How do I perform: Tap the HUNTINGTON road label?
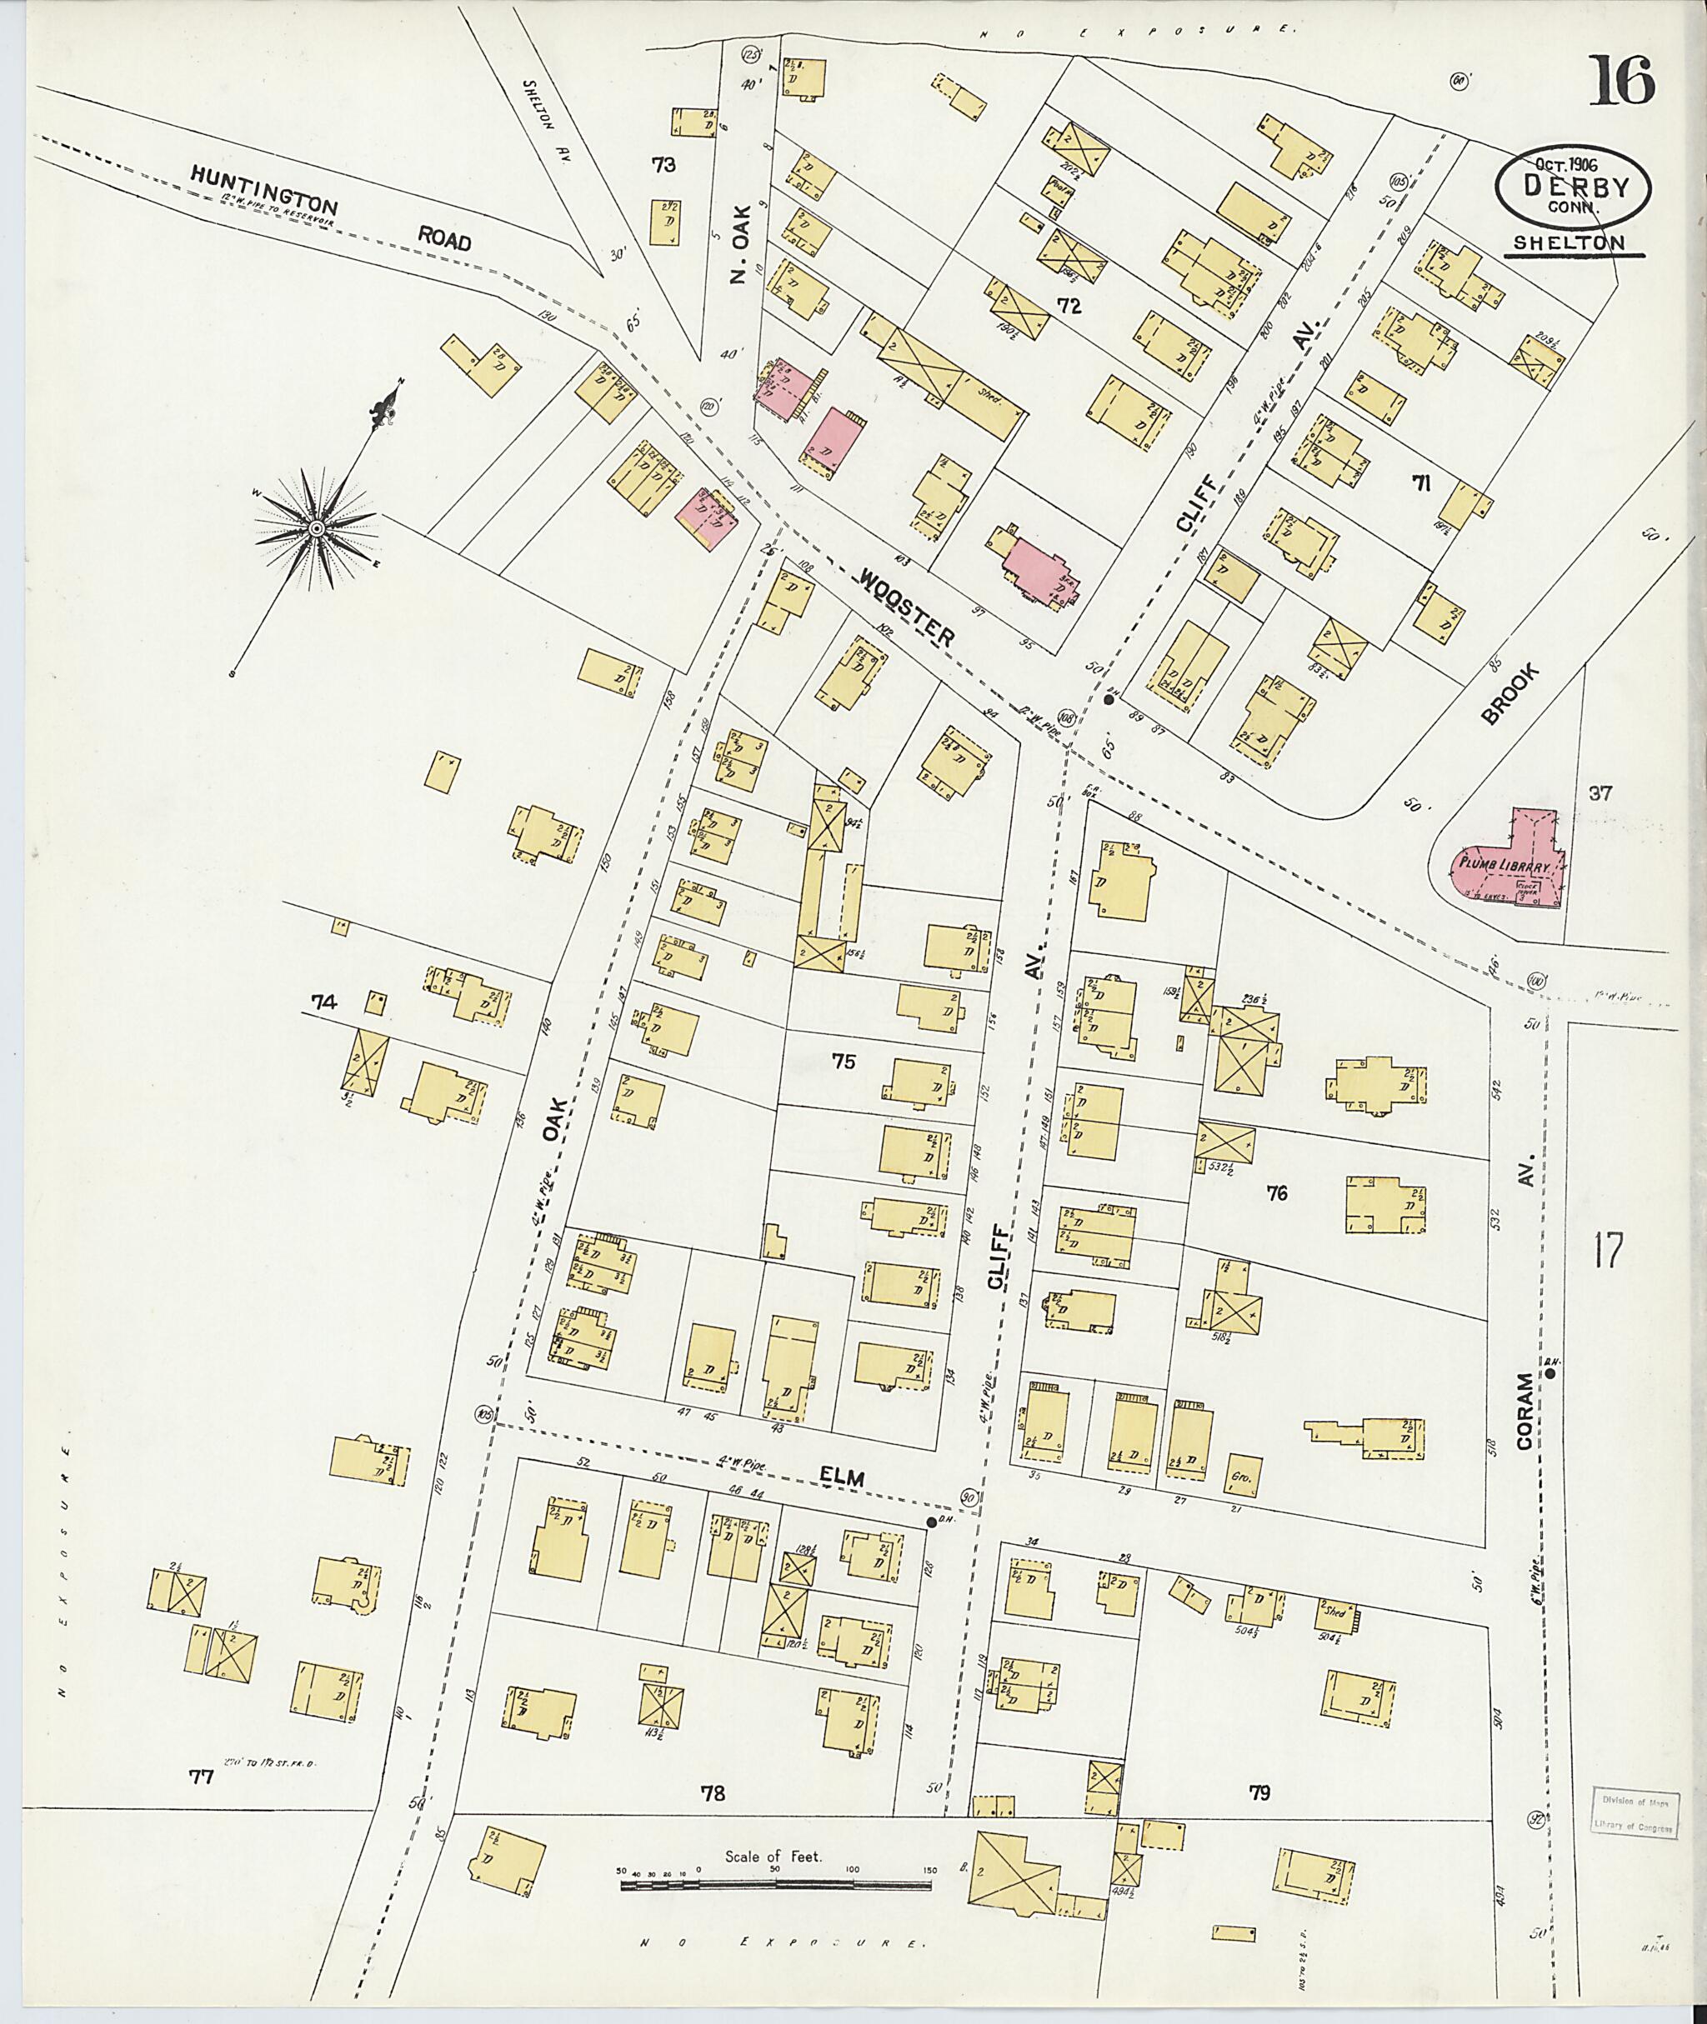(x=263, y=190)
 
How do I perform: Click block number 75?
(x=843, y=1062)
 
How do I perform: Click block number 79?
(x=1258, y=1792)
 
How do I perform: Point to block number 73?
(x=663, y=164)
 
